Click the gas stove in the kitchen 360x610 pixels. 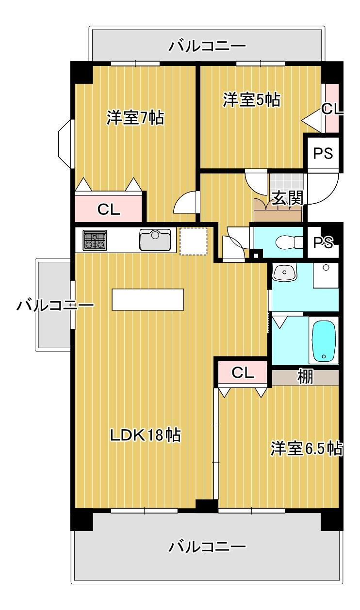pos(95,240)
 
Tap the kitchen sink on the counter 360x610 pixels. pos(155,240)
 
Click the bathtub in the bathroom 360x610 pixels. pos(324,341)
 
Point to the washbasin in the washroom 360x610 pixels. pos(285,273)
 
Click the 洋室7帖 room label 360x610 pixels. pos(135,118)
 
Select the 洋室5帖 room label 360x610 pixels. pos(251,100)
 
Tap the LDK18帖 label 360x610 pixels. pos(145,435)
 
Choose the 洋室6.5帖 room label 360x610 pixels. pos(307,448)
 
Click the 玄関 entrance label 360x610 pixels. pos(288,198)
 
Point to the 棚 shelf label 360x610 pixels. pos(305,377)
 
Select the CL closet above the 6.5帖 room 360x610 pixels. pos(243,372)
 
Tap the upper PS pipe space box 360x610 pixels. pos(323,153)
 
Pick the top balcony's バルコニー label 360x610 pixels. pos(207,46)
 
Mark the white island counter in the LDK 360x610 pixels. pos(147,299)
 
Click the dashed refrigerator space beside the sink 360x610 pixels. pos(193,241)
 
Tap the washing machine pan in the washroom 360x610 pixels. pos(326,275)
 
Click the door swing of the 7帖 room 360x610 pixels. pos(185,202)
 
